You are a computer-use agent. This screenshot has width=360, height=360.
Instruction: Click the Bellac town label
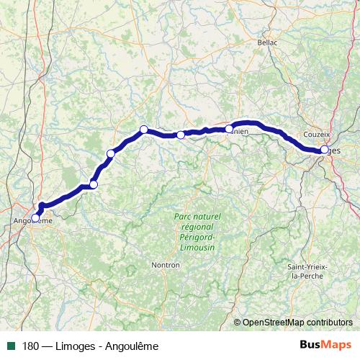click(268, 42)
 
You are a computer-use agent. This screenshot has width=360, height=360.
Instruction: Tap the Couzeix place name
click(317, 135)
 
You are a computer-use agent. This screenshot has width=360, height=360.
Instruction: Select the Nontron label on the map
click(165, 265)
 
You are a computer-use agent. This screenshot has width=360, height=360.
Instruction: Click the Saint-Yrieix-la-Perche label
click(307, 271)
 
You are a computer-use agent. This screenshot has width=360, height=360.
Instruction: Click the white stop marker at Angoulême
click(35, 217)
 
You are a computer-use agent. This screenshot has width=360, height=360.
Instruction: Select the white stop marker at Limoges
click(325, 150)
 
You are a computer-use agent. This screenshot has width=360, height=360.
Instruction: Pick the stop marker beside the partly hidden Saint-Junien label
click(229, 129)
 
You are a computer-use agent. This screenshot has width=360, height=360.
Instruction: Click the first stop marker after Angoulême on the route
click(93, 184)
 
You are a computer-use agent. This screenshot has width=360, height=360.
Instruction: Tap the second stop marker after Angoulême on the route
click(111, 153)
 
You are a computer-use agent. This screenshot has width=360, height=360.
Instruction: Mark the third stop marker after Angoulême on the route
click(143, 130)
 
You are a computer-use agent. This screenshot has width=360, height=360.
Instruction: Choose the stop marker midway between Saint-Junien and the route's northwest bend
click(181, 135)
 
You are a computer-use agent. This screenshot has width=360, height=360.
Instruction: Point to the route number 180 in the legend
click(30, 346)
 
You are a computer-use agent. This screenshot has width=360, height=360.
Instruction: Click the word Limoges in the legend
click(74, 346)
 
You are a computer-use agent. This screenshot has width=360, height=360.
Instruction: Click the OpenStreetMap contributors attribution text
click(297, 323)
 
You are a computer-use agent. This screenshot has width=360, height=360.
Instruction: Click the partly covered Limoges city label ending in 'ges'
click(334, 152)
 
